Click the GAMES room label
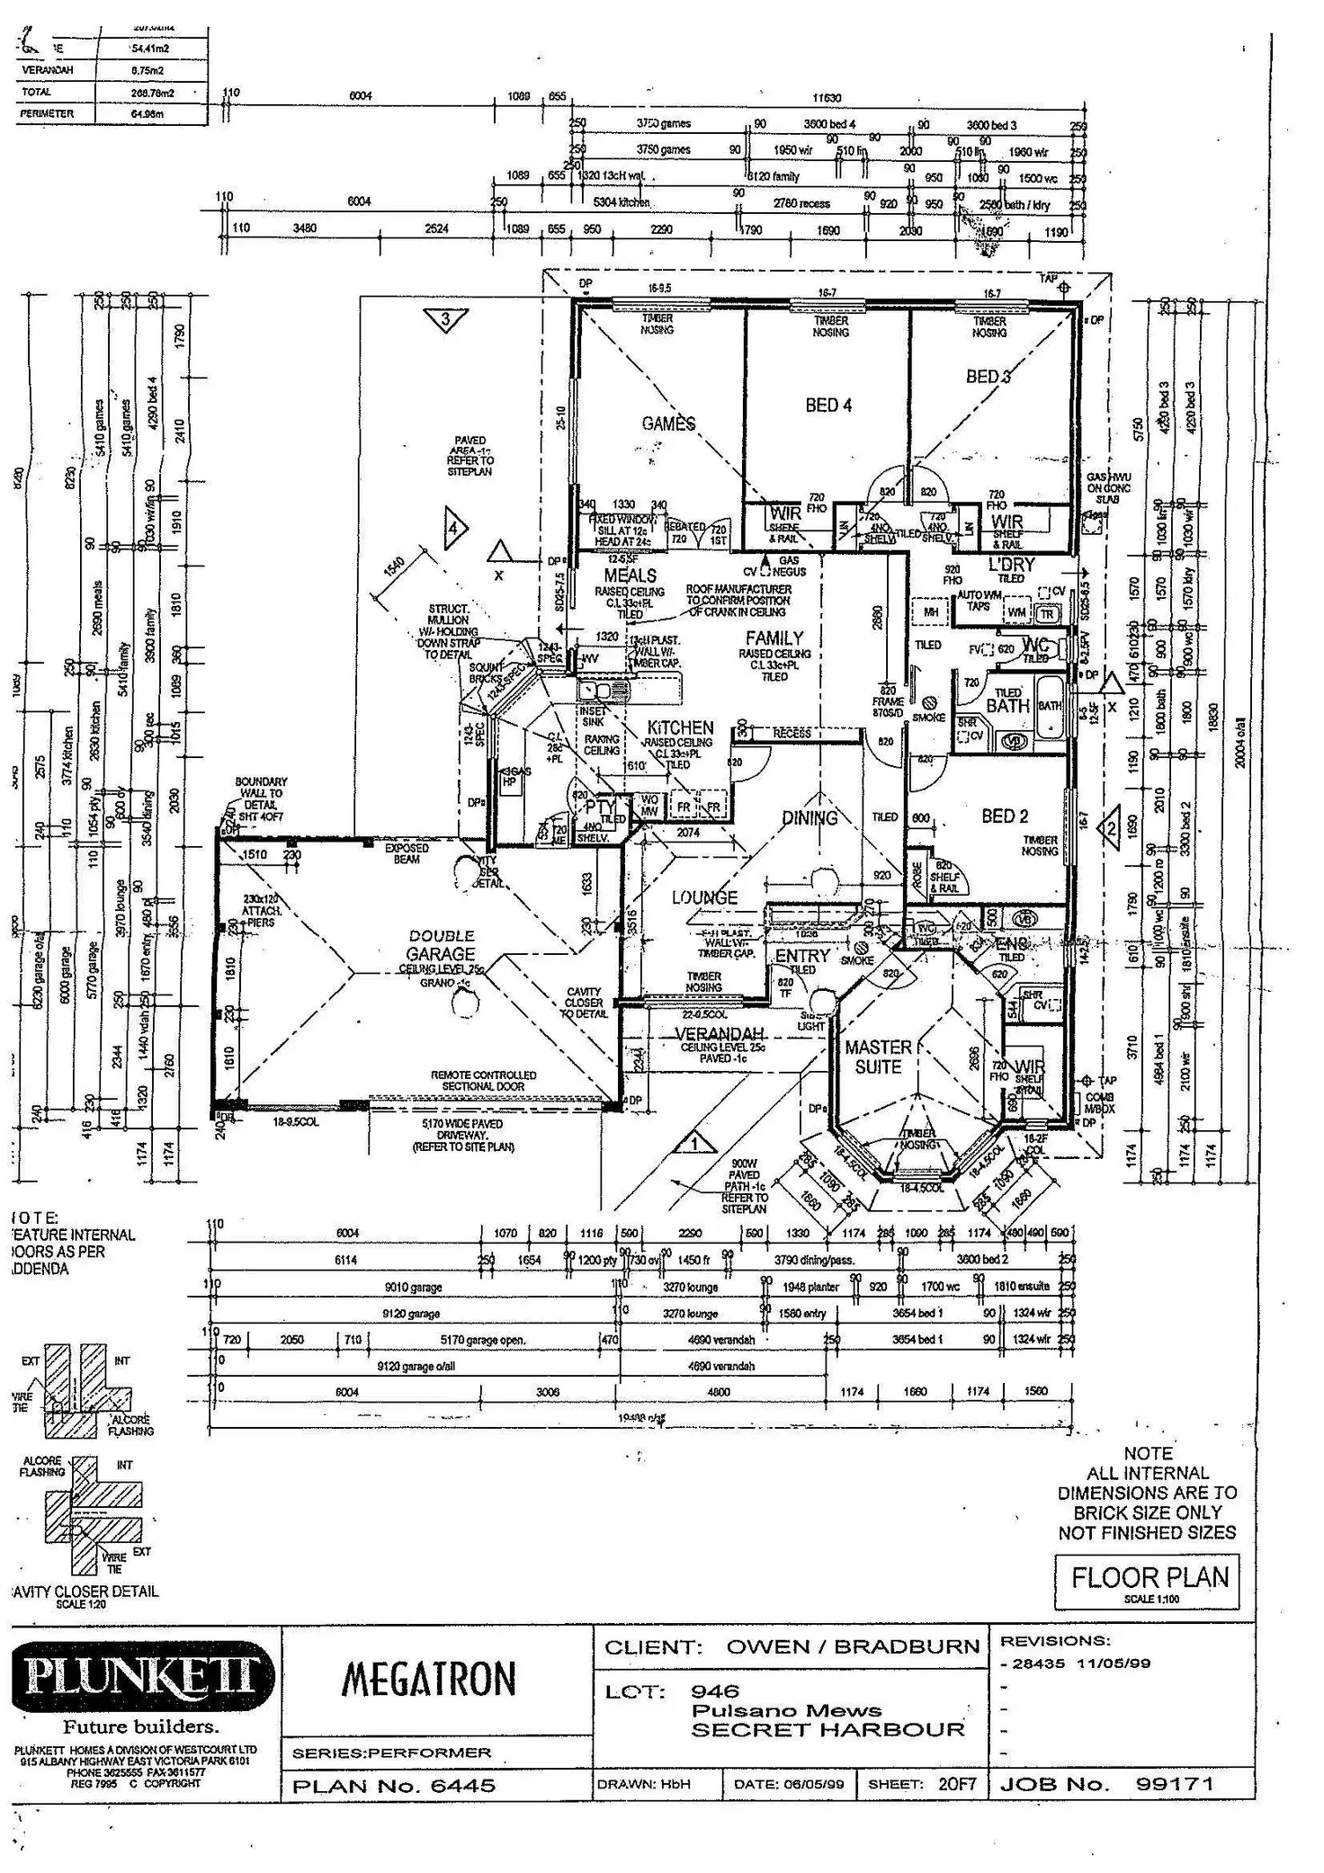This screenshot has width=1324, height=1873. tap(668, 424)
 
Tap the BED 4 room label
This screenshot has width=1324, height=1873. tap(828, 406)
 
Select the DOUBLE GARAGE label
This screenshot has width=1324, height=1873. tap(441, 945)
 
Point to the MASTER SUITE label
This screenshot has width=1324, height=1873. tap(878, 1057)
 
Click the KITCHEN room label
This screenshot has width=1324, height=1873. tap(681, 727)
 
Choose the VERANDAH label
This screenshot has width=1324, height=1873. tap(720, 1034)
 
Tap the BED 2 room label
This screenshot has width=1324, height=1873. tap(1005, 816)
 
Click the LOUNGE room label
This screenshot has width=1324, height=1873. tap(704, 897)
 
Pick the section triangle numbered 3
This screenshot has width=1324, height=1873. tap(445, 319)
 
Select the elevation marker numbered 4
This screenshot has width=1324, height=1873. tap(453, 529)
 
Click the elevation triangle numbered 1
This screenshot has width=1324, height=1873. tap(693, 1144)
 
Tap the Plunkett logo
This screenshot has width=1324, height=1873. tap(141, 1675)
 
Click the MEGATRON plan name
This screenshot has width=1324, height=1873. tap(429, 1679)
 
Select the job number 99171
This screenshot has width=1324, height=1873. tap(1175, 1784)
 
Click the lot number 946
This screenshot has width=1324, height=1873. tap(715, 1691)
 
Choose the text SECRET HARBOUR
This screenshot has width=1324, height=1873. tap(827, 1729)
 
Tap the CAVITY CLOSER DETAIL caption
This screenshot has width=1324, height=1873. tap(85, 1591)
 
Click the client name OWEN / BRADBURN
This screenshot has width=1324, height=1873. tap(853, 1647)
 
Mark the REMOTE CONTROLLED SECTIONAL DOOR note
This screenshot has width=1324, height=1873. tap(483, 1081)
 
